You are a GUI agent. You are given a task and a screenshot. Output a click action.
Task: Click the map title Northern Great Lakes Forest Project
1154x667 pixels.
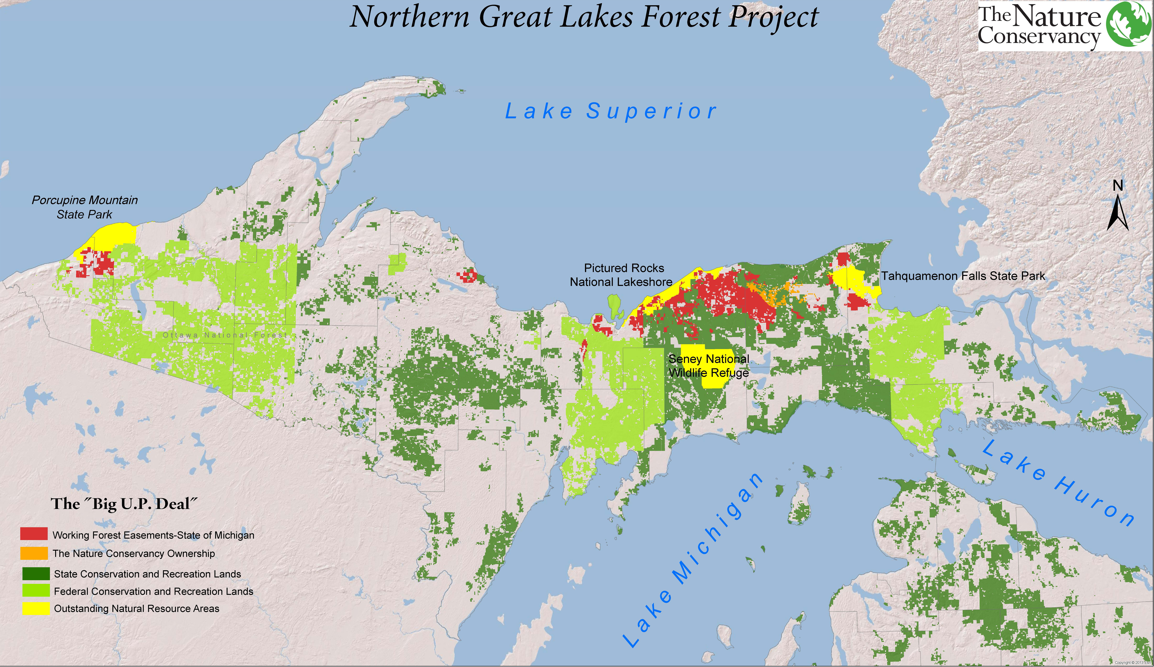pyautogui.click(x=584, y=17)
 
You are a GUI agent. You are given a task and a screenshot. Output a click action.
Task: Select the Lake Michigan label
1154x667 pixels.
pyautogui.click(x=691, y=561)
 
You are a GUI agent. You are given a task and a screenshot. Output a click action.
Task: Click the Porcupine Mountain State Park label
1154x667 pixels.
pyautogui.click(x=85, y=207)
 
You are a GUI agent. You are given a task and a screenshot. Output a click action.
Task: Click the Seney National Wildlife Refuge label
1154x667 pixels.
pyautogui.click(x=709, y=365)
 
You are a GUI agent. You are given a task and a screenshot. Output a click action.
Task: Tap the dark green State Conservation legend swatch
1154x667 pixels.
pyautogui.click(x=36, y=573)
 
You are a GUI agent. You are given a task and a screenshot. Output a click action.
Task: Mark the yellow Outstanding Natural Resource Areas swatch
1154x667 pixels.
pyautogui.click(x=36, y=608)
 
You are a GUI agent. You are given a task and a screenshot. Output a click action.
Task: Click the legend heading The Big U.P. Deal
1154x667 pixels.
pyautogui.click(x=124, y=504)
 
